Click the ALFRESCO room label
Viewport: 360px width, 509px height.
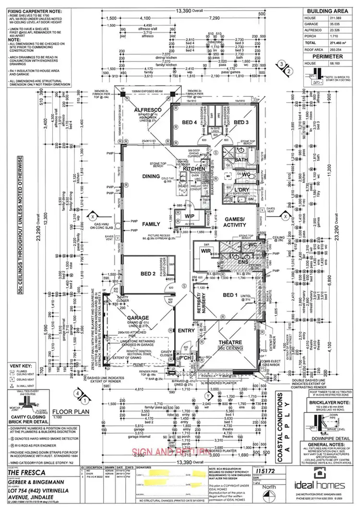(148, 110)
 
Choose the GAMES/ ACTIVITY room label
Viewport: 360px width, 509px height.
(234, 222)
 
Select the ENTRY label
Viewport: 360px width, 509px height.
(186, 331)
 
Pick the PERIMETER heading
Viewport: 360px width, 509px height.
(327, 56)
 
